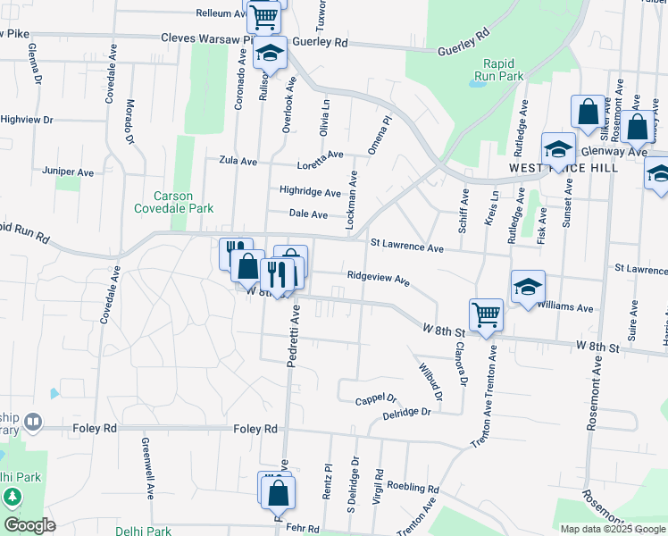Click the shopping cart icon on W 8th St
pos(486,314)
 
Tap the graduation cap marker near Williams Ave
pos(528,287)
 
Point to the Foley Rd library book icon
pos(33,420)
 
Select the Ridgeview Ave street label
pos(378,278)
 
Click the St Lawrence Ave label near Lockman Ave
pos(406,246)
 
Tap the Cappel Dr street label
pos(375,399)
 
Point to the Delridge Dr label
pos(406,413)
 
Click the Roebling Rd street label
pos(413,489)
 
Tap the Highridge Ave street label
pos(310,191)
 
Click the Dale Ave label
pos(307,214)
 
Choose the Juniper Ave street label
pos(68,171)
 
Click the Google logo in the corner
pos(29,525)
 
